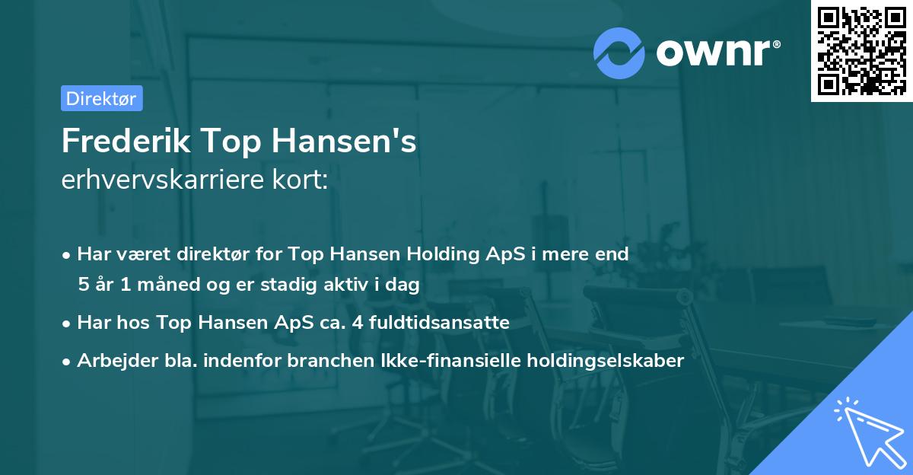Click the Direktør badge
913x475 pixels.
[101, 98]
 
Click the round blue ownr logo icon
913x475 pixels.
[619, 53]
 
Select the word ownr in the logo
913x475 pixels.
[711, 53]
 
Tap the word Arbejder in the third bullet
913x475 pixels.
[109, 361]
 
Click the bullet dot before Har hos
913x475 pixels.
[67, 324]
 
